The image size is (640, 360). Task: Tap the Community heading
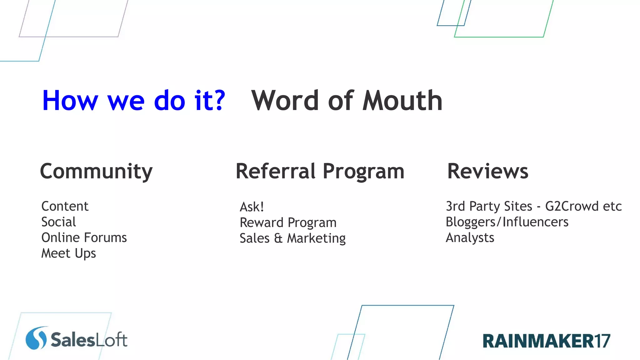click(96, 172)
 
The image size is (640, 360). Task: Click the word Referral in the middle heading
click(275, 171)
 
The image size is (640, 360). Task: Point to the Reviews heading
click(487, 171)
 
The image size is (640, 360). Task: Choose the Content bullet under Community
click(65, 206)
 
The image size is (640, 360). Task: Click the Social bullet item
click(59, 222)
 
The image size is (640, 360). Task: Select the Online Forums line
click(84, 237)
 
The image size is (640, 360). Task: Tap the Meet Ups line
click(68, 253)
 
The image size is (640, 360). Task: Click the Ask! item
click(252, 207)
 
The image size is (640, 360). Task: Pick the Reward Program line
click(288, 222)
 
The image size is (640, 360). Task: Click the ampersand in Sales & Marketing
click(278, 238)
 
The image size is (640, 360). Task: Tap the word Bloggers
click(470, 222)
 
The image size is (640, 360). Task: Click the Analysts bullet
click(470, 238)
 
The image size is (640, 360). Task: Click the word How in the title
click(70, 101)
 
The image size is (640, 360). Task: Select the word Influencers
click(535, 222)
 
